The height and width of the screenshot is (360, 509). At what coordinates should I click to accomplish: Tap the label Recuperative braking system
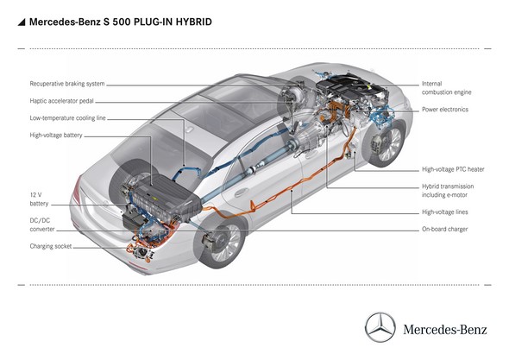(67, 85)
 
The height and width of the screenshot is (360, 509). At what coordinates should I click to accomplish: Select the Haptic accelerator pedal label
(63, 101)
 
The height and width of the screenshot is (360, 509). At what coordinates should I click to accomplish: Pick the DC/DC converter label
(44, 224)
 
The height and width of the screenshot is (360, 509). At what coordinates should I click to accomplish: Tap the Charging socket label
(49, 246)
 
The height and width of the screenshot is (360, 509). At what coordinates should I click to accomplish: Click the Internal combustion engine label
(445, 89)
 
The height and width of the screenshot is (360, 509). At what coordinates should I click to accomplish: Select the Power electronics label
(445, 110)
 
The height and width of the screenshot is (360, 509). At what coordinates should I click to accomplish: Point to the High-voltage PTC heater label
(453, 169)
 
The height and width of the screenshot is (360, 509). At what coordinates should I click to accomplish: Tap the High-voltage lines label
(443, 212)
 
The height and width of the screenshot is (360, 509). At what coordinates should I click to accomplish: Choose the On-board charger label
(444, 230)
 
